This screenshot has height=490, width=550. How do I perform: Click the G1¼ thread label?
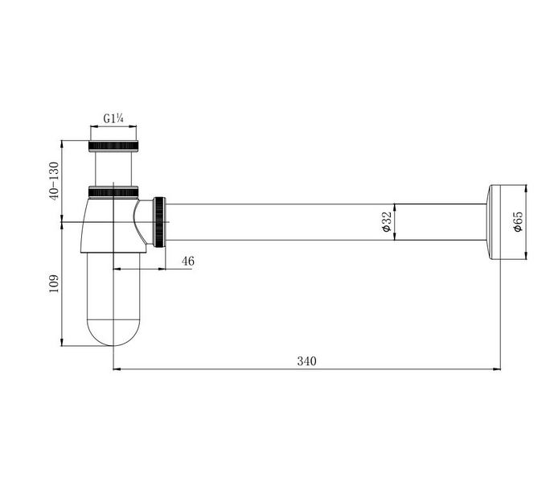[113, 118]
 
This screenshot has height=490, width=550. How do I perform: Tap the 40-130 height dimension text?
[54, 181]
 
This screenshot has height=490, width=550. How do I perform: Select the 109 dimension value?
[54, 283]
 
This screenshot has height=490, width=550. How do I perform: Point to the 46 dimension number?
[187, 261]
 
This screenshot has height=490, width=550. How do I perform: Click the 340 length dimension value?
[306, 360]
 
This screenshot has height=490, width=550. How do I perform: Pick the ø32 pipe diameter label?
[386, 222]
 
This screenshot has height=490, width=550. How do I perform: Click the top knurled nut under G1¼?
[113, 146]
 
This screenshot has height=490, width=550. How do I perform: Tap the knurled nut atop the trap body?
[113, 192]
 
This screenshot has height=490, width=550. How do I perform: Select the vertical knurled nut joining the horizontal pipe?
[159, 222]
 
